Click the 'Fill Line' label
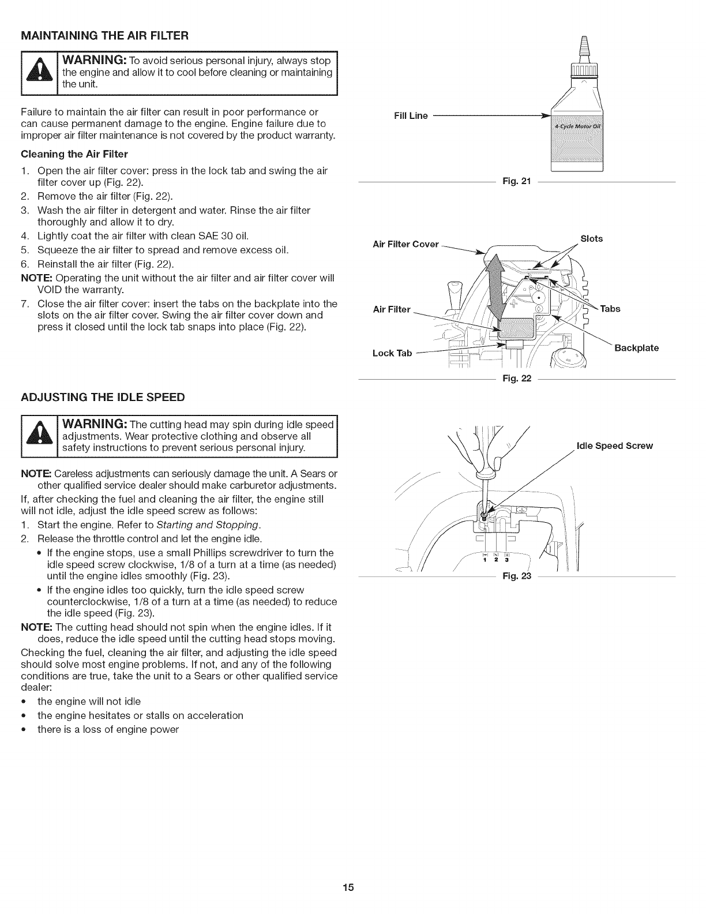click(x=411, y=116)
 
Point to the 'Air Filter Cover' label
click(x=405, y=244)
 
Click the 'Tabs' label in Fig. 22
click(x=610, y=309)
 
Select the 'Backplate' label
click(x=636, y=348)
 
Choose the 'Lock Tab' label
click(x=392, y=353)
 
